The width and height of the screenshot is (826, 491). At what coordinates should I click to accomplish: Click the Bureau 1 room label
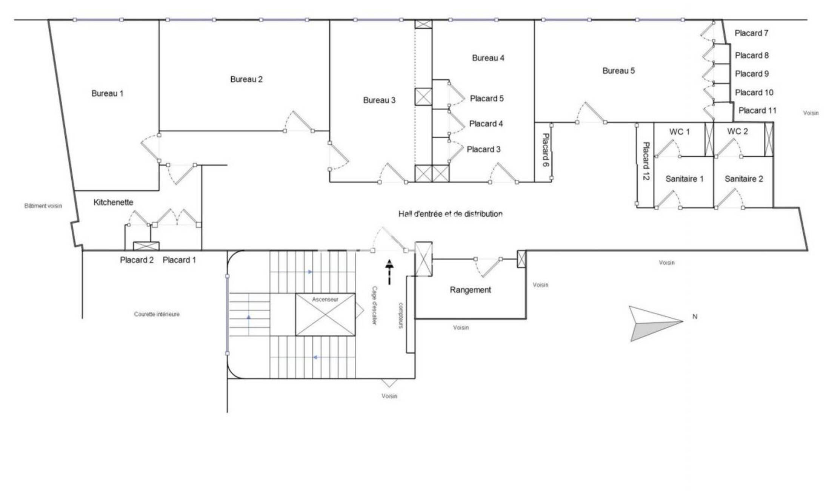click(107, 93)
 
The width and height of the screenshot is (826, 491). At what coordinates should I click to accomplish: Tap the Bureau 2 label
click(246, 79)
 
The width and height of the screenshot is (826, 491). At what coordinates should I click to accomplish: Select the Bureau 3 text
click(379, 100)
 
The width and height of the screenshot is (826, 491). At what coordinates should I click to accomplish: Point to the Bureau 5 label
click(618, 71)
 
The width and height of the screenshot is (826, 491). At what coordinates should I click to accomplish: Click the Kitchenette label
click(113, 202)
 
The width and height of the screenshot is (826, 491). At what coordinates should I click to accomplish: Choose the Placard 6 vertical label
click(545, 150)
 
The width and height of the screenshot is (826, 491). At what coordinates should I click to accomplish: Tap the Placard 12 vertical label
click(646, 161)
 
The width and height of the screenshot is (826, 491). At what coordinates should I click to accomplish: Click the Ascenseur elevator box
click(325, 315)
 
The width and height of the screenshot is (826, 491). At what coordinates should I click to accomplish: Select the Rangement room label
click(470, 290)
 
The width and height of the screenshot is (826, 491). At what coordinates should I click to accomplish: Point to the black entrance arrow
click(389, 272)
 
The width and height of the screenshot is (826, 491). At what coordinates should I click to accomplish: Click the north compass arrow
click(656, 324)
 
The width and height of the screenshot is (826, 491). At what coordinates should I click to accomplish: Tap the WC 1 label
click(679, 132)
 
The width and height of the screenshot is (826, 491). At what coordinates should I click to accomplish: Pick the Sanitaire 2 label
click(743, 179)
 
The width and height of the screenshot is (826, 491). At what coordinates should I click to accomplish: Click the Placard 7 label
click(751, 33)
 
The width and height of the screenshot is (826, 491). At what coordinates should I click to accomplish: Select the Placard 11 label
click(757, 110)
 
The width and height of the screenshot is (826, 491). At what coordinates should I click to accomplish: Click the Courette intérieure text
click(157, 314)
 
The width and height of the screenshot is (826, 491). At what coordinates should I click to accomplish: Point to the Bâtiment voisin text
click(43, 206)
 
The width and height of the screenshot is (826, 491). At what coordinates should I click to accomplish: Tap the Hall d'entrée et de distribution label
click(450, 214)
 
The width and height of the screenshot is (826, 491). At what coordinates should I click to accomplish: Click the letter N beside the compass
click(695, 317)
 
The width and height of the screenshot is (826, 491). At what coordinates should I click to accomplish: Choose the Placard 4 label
click(486, 124)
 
